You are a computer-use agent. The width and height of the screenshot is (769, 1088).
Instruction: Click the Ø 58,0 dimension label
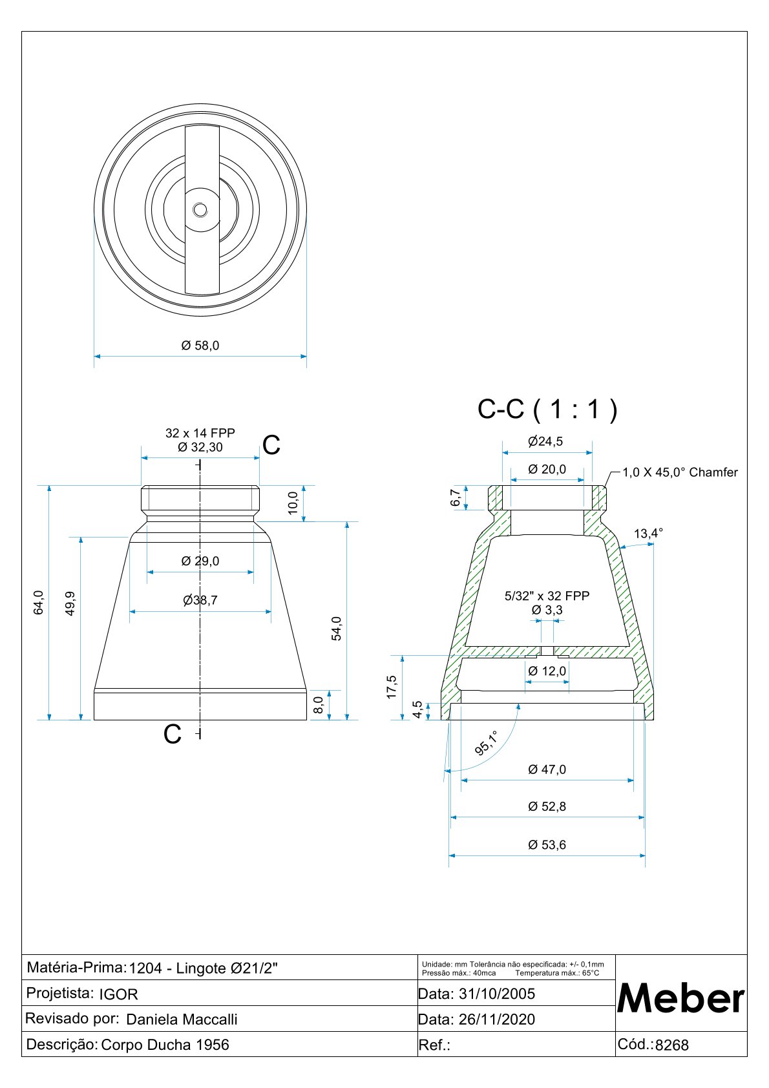[200, 346]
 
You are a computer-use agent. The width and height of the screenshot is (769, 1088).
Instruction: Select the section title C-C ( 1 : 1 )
[547, 409]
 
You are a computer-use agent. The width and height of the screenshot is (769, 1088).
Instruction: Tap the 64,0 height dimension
[39, 602]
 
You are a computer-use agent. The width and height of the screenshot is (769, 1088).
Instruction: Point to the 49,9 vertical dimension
[70, 603]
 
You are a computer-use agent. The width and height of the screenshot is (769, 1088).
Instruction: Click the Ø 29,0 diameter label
[200, 561]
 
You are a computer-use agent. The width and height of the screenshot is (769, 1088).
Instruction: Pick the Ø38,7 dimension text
[200, 600]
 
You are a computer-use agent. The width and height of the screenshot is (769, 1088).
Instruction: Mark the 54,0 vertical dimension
[336, 628]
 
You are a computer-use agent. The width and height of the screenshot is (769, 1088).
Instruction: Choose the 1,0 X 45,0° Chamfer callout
[680, 472]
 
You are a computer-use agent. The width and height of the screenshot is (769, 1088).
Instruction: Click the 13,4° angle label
[648, 533]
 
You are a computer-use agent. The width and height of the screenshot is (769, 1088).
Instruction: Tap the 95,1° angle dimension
[487, 743]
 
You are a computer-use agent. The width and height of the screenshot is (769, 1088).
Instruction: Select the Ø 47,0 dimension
[547, 769]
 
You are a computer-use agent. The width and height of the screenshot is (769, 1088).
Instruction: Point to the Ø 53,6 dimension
[547, 845]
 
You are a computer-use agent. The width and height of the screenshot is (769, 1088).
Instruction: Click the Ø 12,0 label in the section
[547, 671]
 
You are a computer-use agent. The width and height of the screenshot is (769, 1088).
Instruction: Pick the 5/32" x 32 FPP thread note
[547, 596]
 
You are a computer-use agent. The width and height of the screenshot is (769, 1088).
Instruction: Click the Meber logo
[681, 998]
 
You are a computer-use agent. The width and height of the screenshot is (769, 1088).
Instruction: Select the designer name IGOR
[118, 994]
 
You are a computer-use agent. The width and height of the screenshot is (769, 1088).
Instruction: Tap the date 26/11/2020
[496, 1020]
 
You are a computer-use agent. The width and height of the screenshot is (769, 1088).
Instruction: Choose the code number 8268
[672, 1045]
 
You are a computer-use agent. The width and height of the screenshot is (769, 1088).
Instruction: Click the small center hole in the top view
[200, 210]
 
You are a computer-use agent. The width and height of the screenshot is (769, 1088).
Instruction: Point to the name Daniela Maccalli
[182, 1020]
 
